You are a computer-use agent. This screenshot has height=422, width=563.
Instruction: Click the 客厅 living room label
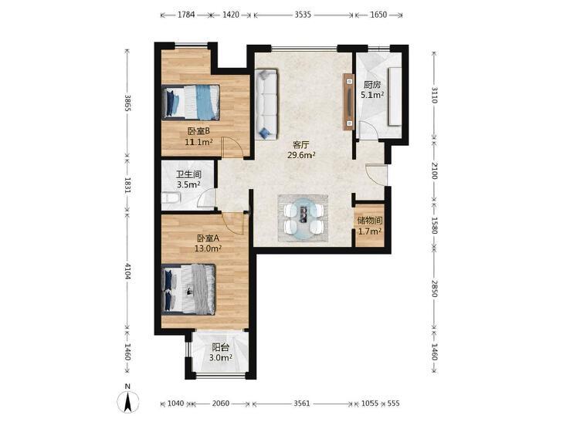point(301,145)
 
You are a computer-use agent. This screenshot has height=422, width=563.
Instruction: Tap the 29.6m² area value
point(301,155)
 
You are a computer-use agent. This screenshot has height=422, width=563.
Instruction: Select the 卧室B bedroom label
point(198,132)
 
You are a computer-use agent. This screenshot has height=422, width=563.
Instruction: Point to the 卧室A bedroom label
point(209,238)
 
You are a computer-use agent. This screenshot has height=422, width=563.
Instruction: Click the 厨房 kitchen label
point(372,85)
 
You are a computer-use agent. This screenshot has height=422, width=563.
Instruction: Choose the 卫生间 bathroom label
point(188,174)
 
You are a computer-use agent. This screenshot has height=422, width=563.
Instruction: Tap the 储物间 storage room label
point(370,221)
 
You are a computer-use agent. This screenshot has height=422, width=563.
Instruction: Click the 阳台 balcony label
point(220,347)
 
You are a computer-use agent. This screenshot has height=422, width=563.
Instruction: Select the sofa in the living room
point(266,104)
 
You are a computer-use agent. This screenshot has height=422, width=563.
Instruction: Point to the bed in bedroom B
point(191,102)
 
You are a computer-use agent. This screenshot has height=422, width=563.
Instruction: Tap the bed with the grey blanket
point(188,289)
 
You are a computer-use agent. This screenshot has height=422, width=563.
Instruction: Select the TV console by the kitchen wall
point(348,102)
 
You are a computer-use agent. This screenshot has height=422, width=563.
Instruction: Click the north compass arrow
point(127,402)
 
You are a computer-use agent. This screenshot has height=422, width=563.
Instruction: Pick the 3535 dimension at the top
point(303,15)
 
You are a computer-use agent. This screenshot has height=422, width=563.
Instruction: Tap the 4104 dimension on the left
point(127,272)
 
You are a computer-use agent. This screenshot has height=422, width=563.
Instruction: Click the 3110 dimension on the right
point(435,95)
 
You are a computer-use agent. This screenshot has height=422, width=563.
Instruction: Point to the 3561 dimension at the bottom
point(302,403)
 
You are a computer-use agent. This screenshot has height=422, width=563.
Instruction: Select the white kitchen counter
point(395,96)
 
